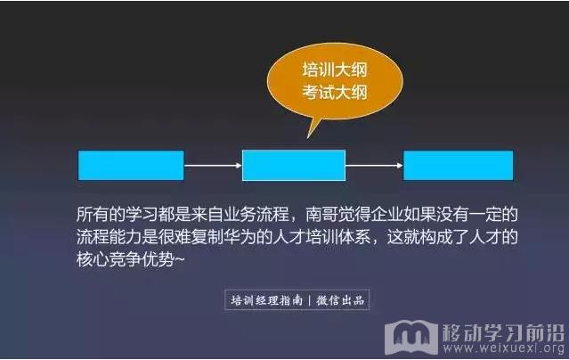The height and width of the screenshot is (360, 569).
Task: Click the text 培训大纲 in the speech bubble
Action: [335, 70]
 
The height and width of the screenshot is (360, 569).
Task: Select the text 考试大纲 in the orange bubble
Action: [335, 93]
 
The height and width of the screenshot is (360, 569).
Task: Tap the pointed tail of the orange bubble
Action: [308, 136]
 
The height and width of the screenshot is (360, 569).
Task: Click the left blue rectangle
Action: [131, 165]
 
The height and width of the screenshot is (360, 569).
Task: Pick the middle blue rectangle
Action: [294, 165]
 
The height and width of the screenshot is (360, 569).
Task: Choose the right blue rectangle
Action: [459, 165]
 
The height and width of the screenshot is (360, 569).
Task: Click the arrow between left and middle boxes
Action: [213, 166]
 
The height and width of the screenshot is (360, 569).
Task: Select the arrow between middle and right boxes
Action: [374, 166]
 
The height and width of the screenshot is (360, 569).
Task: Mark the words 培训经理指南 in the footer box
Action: [267, 300]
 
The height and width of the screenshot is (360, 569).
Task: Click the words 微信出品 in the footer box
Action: [340, 300]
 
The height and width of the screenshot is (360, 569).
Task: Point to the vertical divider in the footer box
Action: [309, 300]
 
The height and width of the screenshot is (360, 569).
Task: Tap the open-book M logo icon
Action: [411, 337]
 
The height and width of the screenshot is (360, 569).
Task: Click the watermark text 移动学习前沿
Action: [504, 332]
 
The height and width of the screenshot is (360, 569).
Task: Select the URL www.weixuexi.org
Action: [504, 348]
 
